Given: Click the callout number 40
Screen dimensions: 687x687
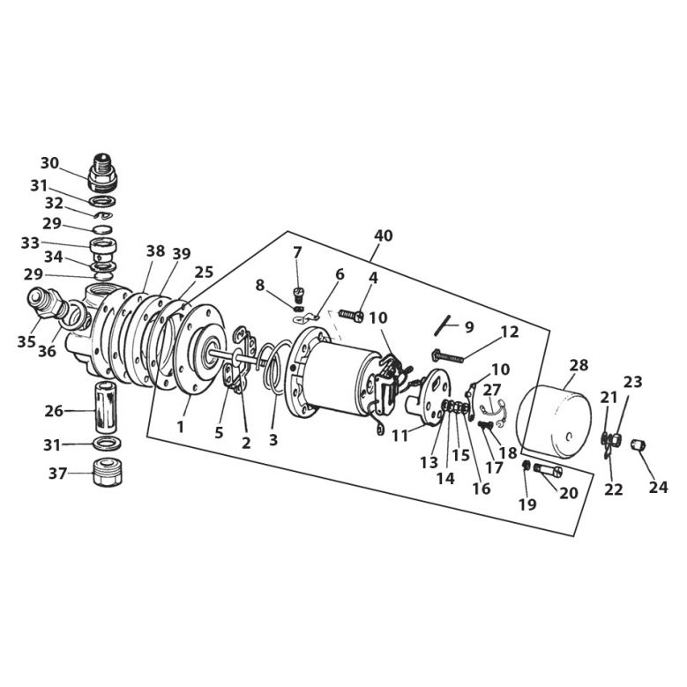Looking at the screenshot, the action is (383, 235).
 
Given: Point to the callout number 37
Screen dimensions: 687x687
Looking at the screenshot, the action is (57, 474).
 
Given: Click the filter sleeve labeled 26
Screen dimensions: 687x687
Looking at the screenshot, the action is (106, 408).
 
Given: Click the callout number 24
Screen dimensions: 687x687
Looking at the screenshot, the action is (659, 487).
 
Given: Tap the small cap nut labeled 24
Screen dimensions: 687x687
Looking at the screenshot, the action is (638, 445).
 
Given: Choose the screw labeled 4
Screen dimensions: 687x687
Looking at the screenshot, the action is (351, 316).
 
